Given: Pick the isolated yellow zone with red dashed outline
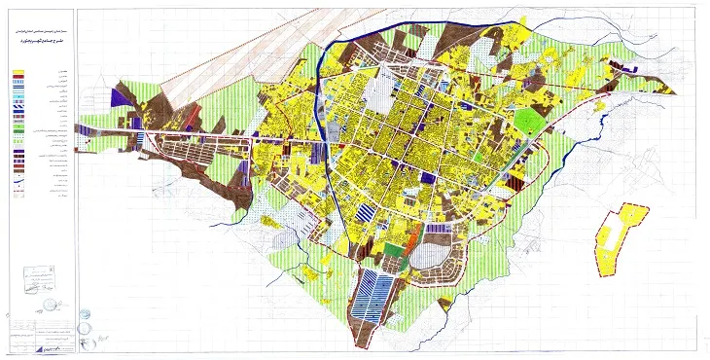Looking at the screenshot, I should pyautogui.click(x=618, y=239).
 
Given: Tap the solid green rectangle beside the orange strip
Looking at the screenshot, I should pyautogui.click(x=392, y=249).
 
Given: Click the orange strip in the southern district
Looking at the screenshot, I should pyautogui.click(x=411, y=236).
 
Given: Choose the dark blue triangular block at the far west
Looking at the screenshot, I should pyautogui.click(x=122, y=96).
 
